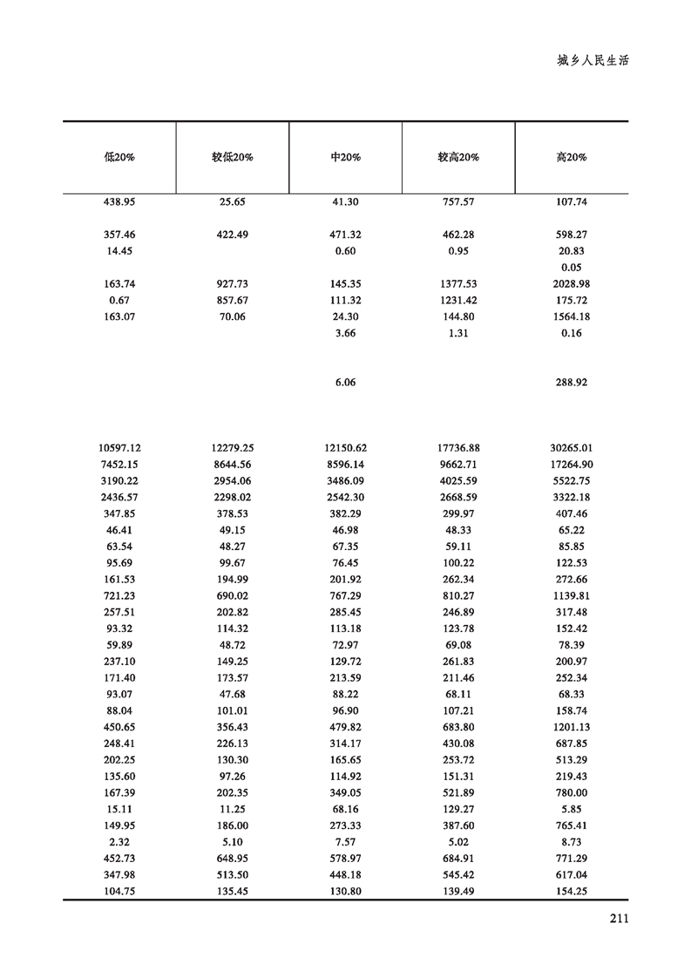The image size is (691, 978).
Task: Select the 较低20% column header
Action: click(x=232, y=158)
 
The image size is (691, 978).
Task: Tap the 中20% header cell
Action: click(x=346, y=158)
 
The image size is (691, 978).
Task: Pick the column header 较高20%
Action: click(x=458, y=158)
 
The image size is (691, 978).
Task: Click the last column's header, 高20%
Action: click(x=572, y=158)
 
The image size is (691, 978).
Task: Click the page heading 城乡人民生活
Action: click(x=593, y=62)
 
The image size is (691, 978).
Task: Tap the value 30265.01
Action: click(x=572, y=448)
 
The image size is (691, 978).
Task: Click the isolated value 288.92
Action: click(x=572, y=383)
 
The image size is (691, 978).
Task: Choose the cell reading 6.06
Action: click(x=346, y=383)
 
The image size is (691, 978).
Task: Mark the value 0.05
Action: click(x=572, y=268)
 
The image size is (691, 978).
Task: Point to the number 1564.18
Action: click(x=572, y=317)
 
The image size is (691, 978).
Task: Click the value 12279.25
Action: click(x=232, y=448)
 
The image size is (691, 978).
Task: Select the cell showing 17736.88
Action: click(x=458, y=448)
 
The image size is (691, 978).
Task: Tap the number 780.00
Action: click(x=572, y=792)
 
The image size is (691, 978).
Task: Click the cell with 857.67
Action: click(x=232, y=301)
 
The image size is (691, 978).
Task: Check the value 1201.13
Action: click(x=572, y=727)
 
